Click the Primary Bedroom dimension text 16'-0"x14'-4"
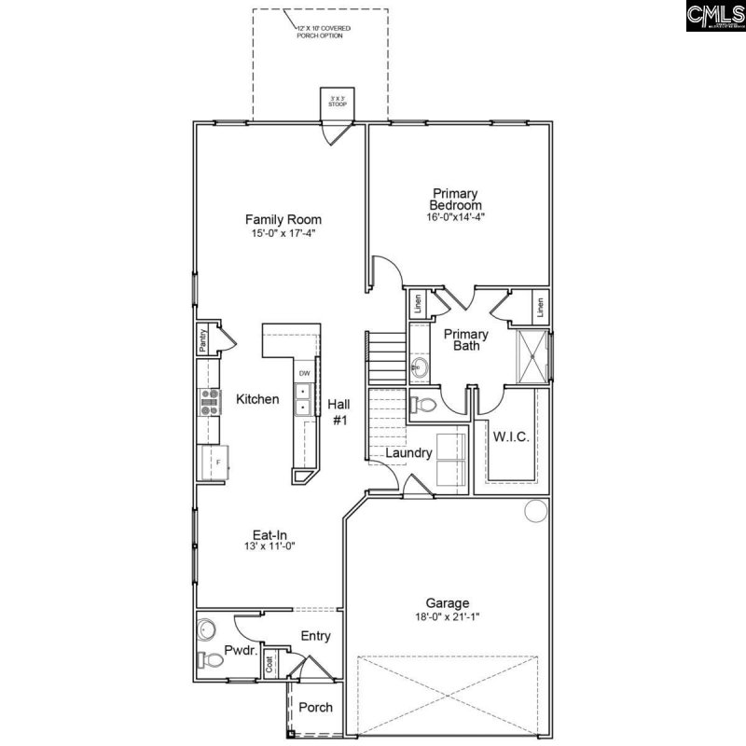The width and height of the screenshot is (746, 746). coord(455,216)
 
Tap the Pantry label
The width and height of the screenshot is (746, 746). coord(201,340)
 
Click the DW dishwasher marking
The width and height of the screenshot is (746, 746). coord(304,374)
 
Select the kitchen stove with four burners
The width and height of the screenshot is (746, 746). coord(208,402)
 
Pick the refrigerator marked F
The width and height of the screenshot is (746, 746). coord(214,463)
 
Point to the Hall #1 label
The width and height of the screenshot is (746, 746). coord(338,411)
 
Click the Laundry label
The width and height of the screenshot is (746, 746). coord(409,453)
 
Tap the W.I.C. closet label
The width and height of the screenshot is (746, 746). coord(510,436)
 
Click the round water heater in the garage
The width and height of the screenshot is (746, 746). coord(535,511)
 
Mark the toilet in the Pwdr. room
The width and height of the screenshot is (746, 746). coord(211,660)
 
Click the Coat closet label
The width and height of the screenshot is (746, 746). coord(270,665)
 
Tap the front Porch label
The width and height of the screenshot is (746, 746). coord(315,708)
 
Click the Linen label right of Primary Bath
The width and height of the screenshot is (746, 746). coord(539,305)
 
